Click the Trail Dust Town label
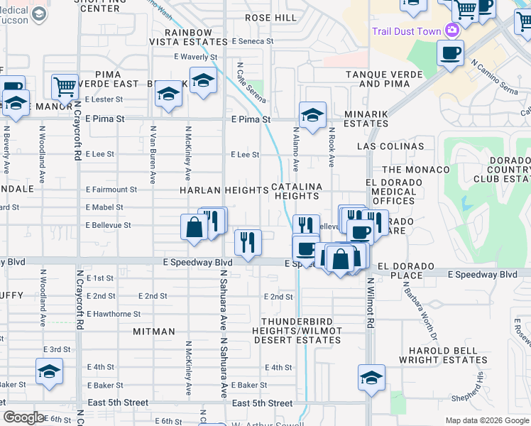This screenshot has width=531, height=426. (406, 31)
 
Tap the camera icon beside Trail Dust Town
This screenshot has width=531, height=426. (451, 31)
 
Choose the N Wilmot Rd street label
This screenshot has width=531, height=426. (371, 302)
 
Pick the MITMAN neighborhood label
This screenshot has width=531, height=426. (153, 332)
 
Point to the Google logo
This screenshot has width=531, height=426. (23, 417)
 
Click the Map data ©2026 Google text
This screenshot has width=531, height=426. (486, 420)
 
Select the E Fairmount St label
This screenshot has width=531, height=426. (111, 190)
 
